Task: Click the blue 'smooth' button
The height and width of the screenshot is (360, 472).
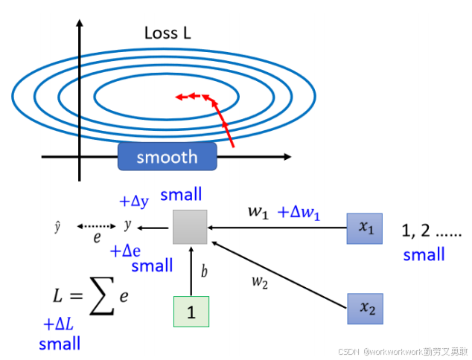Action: pos(167,157)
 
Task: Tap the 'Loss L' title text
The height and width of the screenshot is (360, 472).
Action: pos(172,33)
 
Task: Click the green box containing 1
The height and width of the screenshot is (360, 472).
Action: pos(191,312)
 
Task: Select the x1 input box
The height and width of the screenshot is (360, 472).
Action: pos(364,228)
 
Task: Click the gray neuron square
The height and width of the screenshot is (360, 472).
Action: pos(190,227)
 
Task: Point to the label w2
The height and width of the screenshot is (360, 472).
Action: pos(259,281)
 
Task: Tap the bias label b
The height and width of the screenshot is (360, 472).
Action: pos(205,272)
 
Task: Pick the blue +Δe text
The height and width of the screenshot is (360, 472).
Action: pos(126,251)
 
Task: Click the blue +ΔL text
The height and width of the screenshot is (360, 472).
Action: pos(59,324)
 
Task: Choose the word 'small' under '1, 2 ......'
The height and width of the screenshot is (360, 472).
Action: pos(424,255)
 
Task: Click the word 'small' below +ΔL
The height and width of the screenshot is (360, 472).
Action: pos(60,344)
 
